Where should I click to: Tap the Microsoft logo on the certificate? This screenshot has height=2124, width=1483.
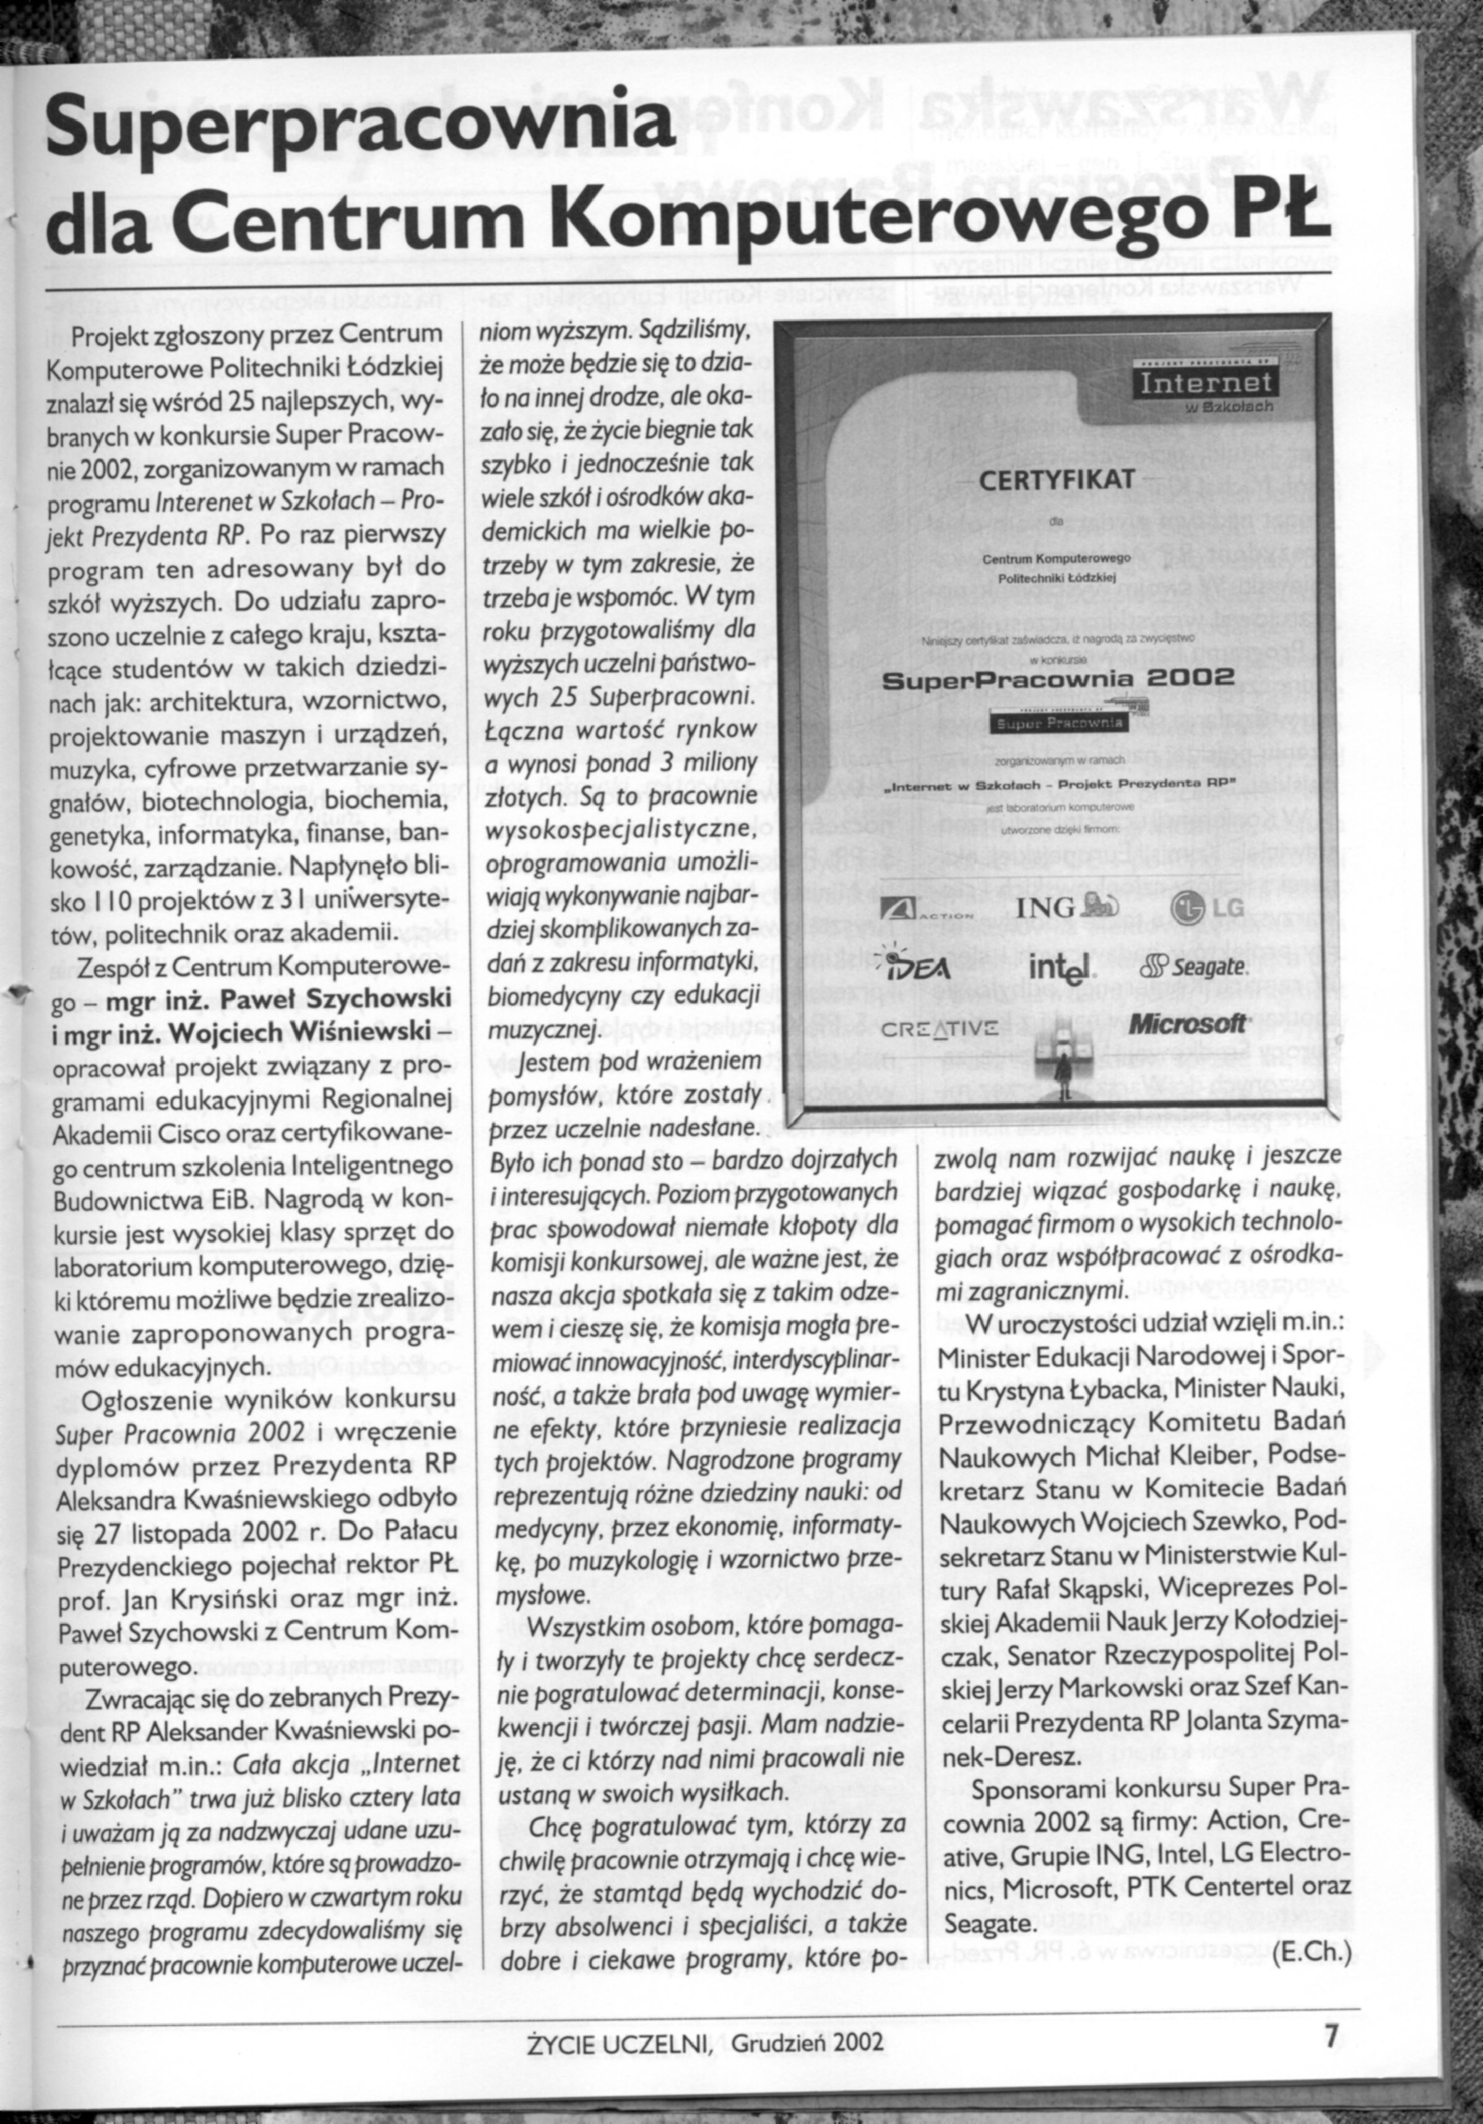tap(1188, 1023)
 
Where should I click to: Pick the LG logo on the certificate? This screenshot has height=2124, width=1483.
tap(1208, 908)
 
